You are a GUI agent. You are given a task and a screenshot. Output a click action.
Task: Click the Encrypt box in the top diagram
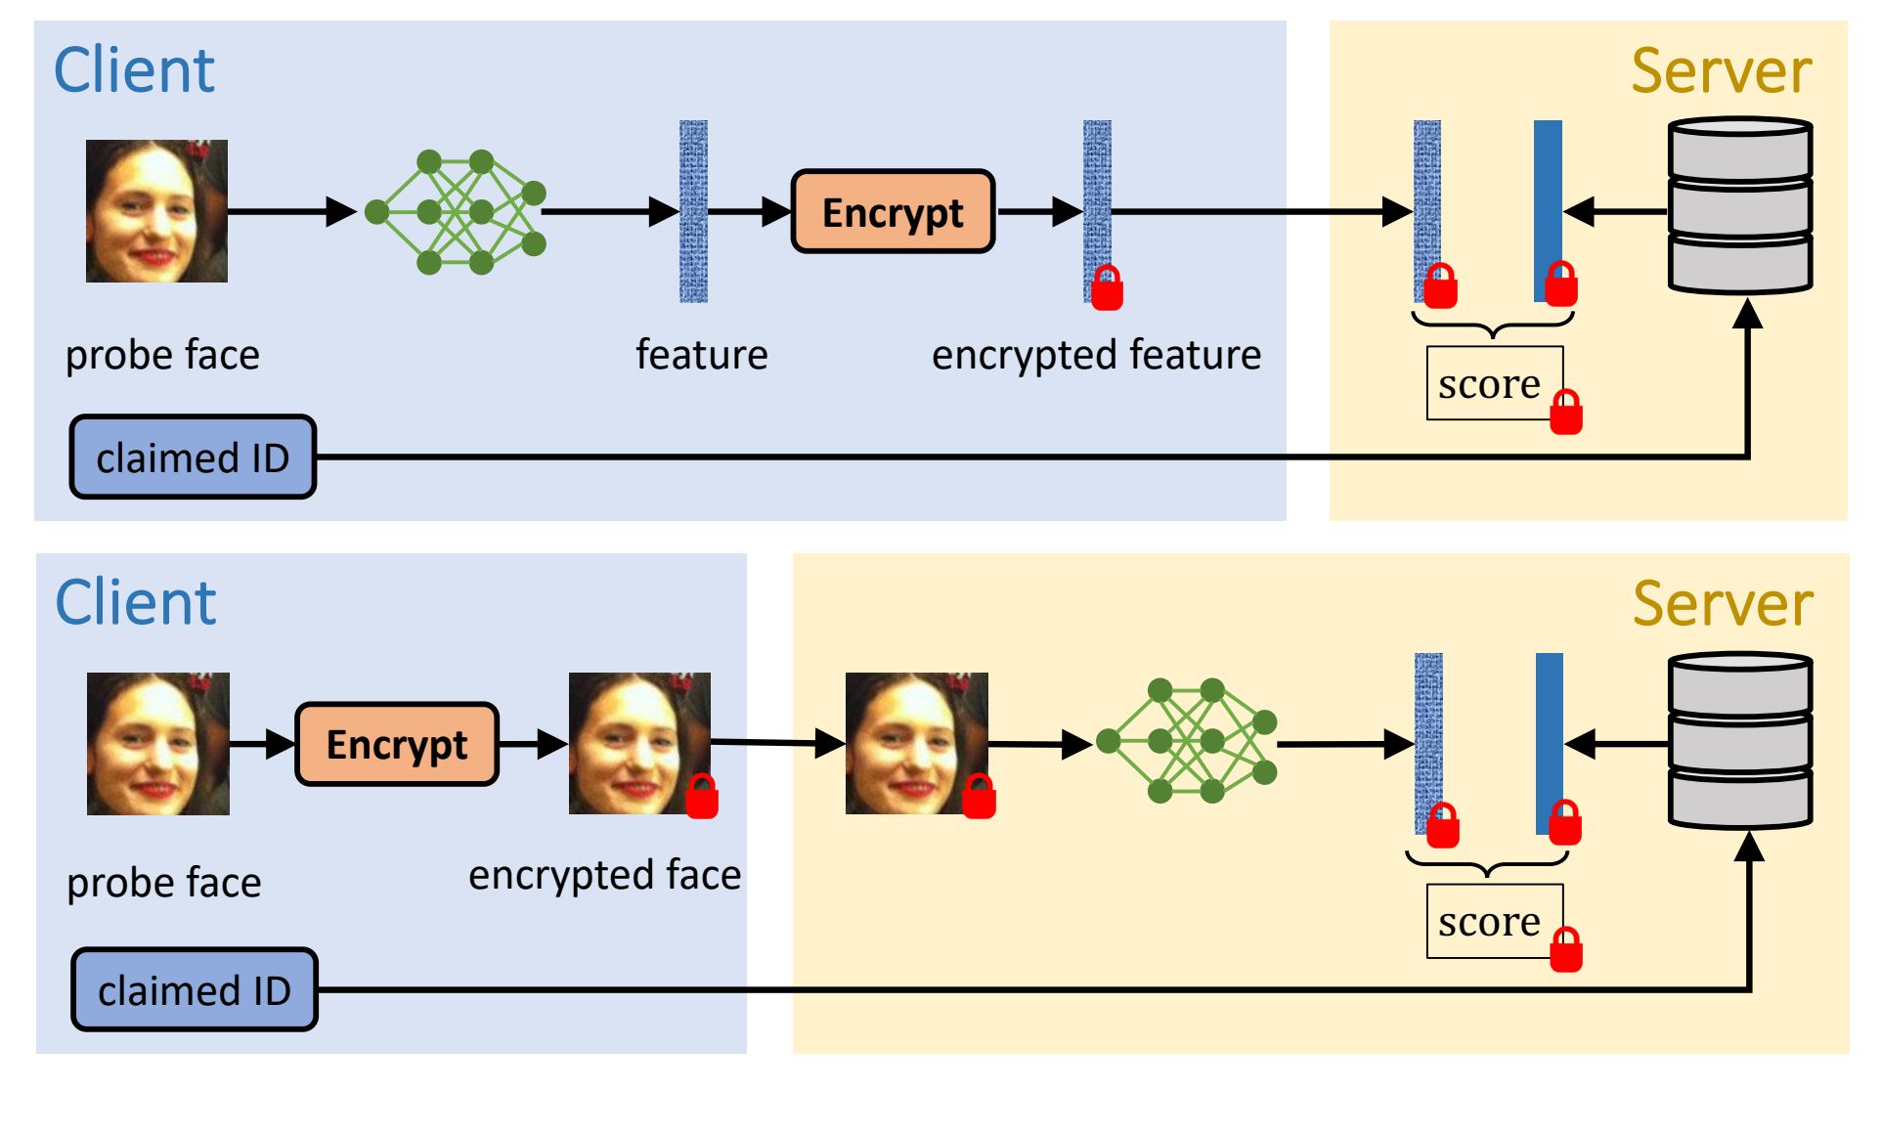click(x=893, y=211)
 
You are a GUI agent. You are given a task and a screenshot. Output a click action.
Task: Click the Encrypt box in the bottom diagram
click(x=397, y=744)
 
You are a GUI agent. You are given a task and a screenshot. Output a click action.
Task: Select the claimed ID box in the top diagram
click(x=193, y=457)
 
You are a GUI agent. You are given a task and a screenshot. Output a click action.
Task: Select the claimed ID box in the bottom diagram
click(x=195, y=989)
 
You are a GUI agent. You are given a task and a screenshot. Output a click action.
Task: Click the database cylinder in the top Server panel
click(x=1739, y=205)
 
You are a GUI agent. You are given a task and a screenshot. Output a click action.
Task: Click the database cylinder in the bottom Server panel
click(x=1740, y=740)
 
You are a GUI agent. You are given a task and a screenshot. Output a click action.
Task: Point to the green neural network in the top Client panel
click(x=456, y=211)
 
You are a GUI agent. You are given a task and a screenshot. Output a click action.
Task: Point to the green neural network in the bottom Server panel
click(x=1187, y=741)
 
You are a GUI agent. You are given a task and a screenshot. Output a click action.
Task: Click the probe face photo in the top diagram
click(x=156, y=211)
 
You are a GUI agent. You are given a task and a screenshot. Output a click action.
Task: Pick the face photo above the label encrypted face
click(x=639, y=743)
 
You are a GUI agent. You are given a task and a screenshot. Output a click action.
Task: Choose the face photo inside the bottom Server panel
click(x=916, y=743)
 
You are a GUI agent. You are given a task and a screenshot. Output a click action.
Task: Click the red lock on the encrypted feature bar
click(x=1107, y=289)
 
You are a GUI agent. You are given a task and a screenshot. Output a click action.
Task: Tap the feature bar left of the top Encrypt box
click(x=693, y=211)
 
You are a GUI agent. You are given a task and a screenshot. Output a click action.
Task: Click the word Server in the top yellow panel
click(x=1721, y=71)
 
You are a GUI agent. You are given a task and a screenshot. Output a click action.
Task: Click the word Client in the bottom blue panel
click(x=135, y=602)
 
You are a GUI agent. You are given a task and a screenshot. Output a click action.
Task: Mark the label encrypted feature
click(x=1096, y=355)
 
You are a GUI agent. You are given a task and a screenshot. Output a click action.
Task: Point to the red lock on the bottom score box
click(x=1566, y=950)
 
